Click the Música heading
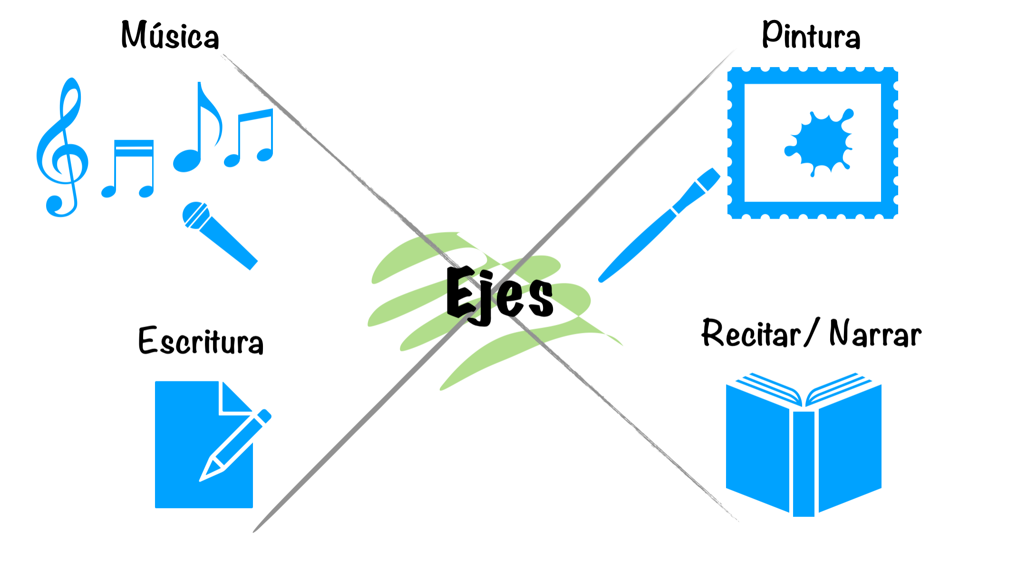170,35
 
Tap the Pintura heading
811,34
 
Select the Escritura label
201,340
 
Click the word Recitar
751,333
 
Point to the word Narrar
875,333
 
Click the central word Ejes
500,295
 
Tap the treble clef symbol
62,147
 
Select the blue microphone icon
220,235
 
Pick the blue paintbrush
659,225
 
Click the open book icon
804,445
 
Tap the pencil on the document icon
235,445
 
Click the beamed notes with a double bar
127,168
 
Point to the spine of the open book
804,464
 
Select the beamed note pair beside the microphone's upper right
249,138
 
